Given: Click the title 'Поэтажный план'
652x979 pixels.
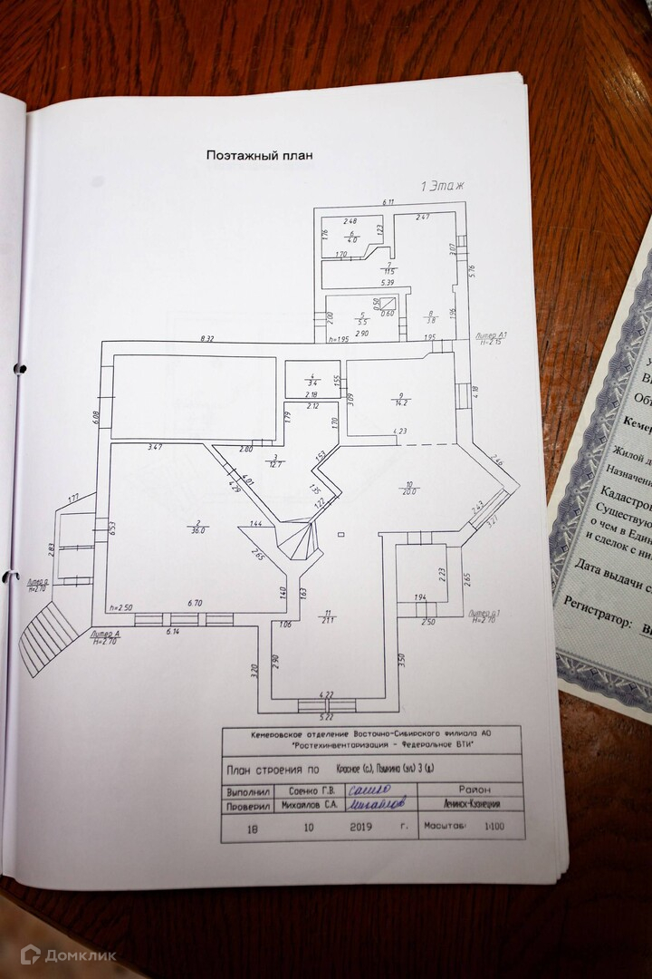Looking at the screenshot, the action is (259, 155).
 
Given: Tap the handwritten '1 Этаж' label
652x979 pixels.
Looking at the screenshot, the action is (442, 185).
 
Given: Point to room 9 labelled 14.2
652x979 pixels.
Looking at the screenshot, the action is (399, 398).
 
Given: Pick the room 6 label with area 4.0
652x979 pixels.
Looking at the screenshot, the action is (352, 237).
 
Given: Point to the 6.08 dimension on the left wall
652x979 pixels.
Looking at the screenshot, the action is (96, 416).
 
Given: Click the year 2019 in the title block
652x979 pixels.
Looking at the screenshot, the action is (362, 827).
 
